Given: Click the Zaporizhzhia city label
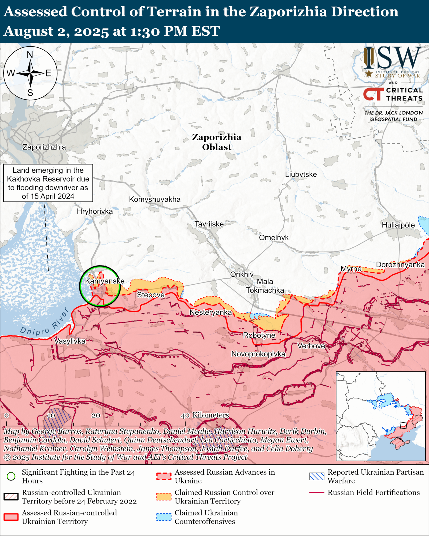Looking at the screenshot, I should [x=44, y=147].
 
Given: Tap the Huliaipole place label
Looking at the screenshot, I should [x=398, y=225].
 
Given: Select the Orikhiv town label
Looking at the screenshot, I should [x=242, y=274].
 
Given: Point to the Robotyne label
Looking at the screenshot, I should [x=259, y=335].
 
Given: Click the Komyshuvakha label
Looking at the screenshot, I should [x=155, y=199].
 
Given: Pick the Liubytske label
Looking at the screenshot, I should [x=301, y=174].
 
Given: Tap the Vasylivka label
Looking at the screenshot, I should [x=70, y=341].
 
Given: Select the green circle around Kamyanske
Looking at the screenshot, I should [x=100, y=286].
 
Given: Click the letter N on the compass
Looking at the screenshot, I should [x=30, y=55].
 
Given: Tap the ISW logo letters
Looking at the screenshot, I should [x=393, y=58].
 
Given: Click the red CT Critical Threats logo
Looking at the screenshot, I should [x=373, y=94].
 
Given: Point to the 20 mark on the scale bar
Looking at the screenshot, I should [x=96, y=415].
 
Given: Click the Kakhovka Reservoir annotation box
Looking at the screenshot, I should [x=48, y=183].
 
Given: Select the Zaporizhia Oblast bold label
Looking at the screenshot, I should [x=216, y=142].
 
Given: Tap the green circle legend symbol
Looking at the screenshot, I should [x=11, y=476].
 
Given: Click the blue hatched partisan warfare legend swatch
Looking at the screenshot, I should [x=316, y=476].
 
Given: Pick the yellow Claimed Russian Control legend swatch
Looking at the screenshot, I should [x=164, y=497].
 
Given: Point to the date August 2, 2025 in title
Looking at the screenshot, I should [x=56, y=31].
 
